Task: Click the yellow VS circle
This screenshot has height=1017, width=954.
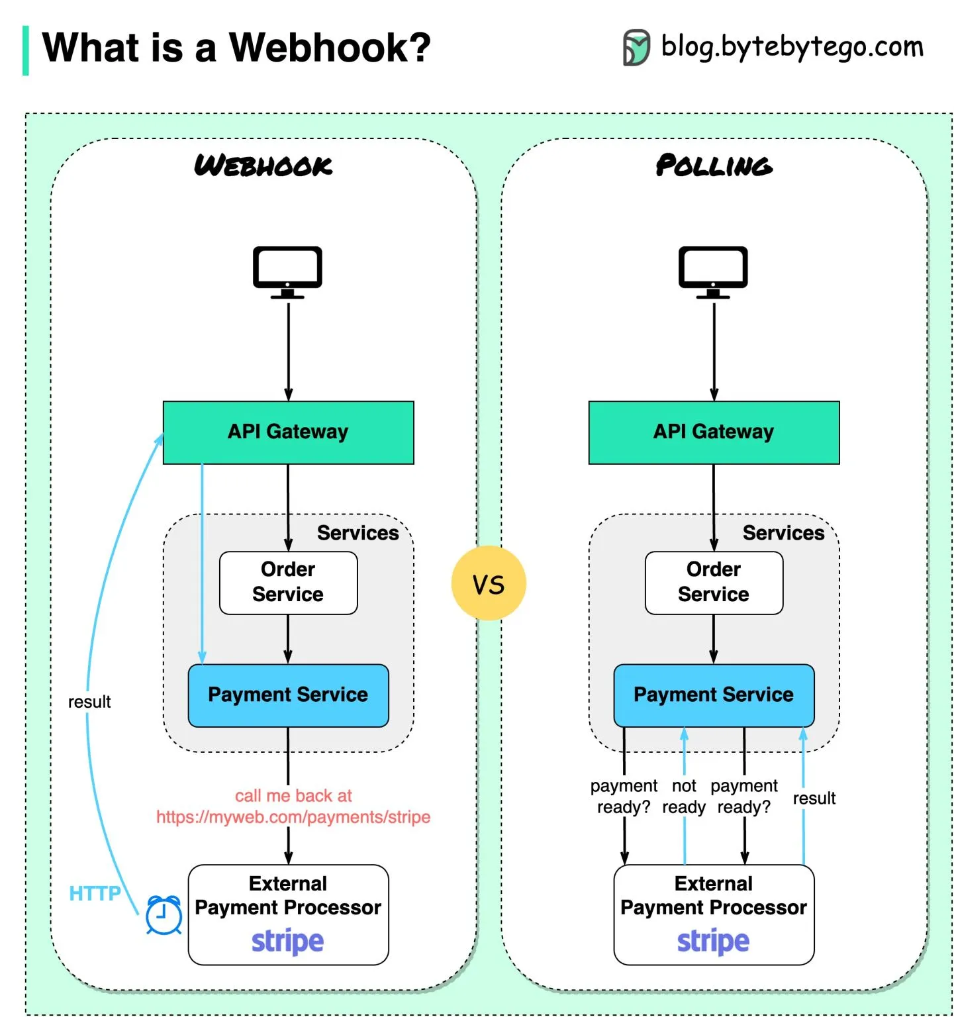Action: click(489, 583)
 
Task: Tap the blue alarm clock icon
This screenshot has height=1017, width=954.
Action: click(164, 916)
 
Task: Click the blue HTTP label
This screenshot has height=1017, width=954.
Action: click(95, 893)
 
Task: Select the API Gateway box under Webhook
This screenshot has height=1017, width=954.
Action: click(288, 432)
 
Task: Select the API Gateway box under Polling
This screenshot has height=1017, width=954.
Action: click(714, 432)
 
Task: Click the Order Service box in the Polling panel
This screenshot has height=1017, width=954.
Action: click(714, 582)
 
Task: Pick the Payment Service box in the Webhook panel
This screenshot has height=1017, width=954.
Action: click(288, 695)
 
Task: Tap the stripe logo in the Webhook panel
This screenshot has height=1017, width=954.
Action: click(287, 941)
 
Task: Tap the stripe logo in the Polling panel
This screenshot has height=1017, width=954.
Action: click(713, 941)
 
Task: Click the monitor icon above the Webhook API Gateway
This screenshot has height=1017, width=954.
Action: click(287, 271)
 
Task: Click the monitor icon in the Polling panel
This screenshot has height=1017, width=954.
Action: click(713, 271)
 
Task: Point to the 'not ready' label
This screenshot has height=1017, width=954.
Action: click(684, 796)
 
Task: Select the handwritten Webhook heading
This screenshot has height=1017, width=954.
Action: click(263, 166)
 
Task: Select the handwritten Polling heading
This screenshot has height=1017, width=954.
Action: click(714, 166)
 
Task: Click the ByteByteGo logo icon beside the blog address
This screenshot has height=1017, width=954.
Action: click(636, 48)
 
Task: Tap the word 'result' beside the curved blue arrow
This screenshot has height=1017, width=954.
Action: click(89, 702)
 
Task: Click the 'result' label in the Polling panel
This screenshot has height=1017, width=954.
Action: click(814, 799)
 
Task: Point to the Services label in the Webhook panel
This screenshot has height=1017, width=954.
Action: click(358, 533)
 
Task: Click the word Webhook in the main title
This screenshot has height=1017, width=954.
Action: click(329, 48)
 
